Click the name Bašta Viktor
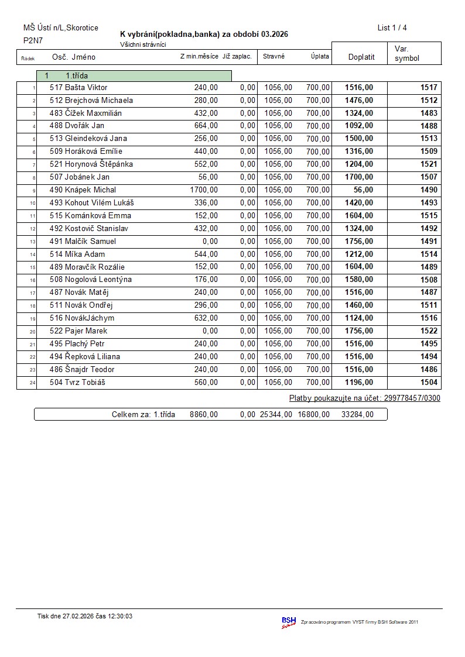(x=86, y=88)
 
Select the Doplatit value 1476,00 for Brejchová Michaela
(x=358, y=101)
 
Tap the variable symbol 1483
(x=429, y=113)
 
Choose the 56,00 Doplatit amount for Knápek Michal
(x=363, y=190)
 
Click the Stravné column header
(x=274, y=57)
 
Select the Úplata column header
(x=320, y=57)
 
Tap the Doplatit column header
(x=361, y=57)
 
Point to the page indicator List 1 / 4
(x=392, y=28)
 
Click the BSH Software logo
(x=289, y=622)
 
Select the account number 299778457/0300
(x=412, y=398)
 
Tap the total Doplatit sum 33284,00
(x=357, y=415)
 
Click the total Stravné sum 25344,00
(x=276, y=415)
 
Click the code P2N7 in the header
(x=32, y=41)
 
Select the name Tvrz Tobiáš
(x=86, y=383)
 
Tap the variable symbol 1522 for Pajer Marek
(x=429, y=331)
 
